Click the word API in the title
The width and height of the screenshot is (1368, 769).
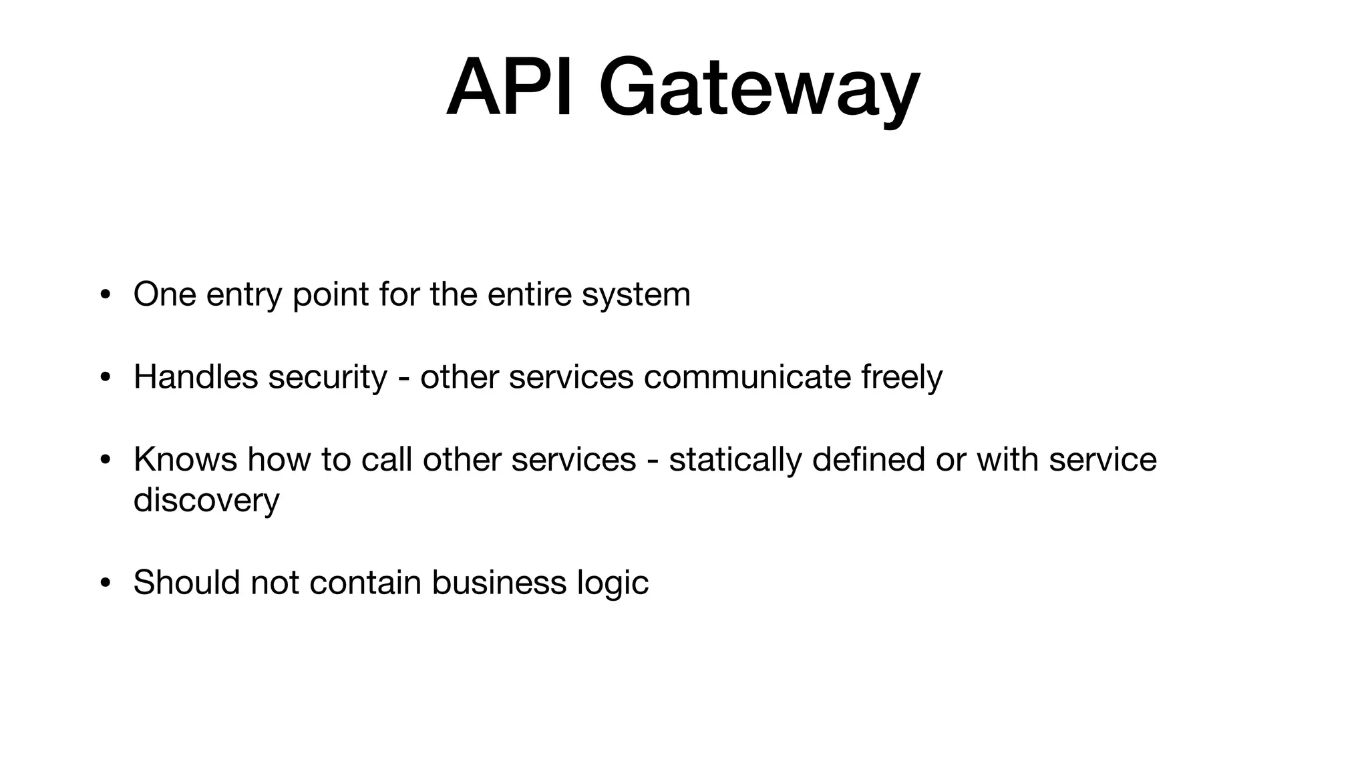pos(510,88)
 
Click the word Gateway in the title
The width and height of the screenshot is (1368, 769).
pos(759,91)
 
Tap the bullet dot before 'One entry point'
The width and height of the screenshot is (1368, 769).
pos(105,295)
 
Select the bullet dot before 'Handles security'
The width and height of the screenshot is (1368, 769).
pos(105,378)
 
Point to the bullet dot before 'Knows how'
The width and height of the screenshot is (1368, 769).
pos(105,461)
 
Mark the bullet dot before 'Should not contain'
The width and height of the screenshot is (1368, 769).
pos(105,583)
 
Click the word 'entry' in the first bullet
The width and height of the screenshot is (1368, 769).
pos(244,295)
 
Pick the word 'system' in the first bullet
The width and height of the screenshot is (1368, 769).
pos(636,295)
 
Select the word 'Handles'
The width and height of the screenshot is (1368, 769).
pos(196,377)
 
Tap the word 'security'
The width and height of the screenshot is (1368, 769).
pos(327,378)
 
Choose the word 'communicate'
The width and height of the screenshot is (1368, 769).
pos(747,377)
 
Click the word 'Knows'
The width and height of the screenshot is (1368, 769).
pos(185,459)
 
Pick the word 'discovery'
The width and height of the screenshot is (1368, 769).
pos(206,501)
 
